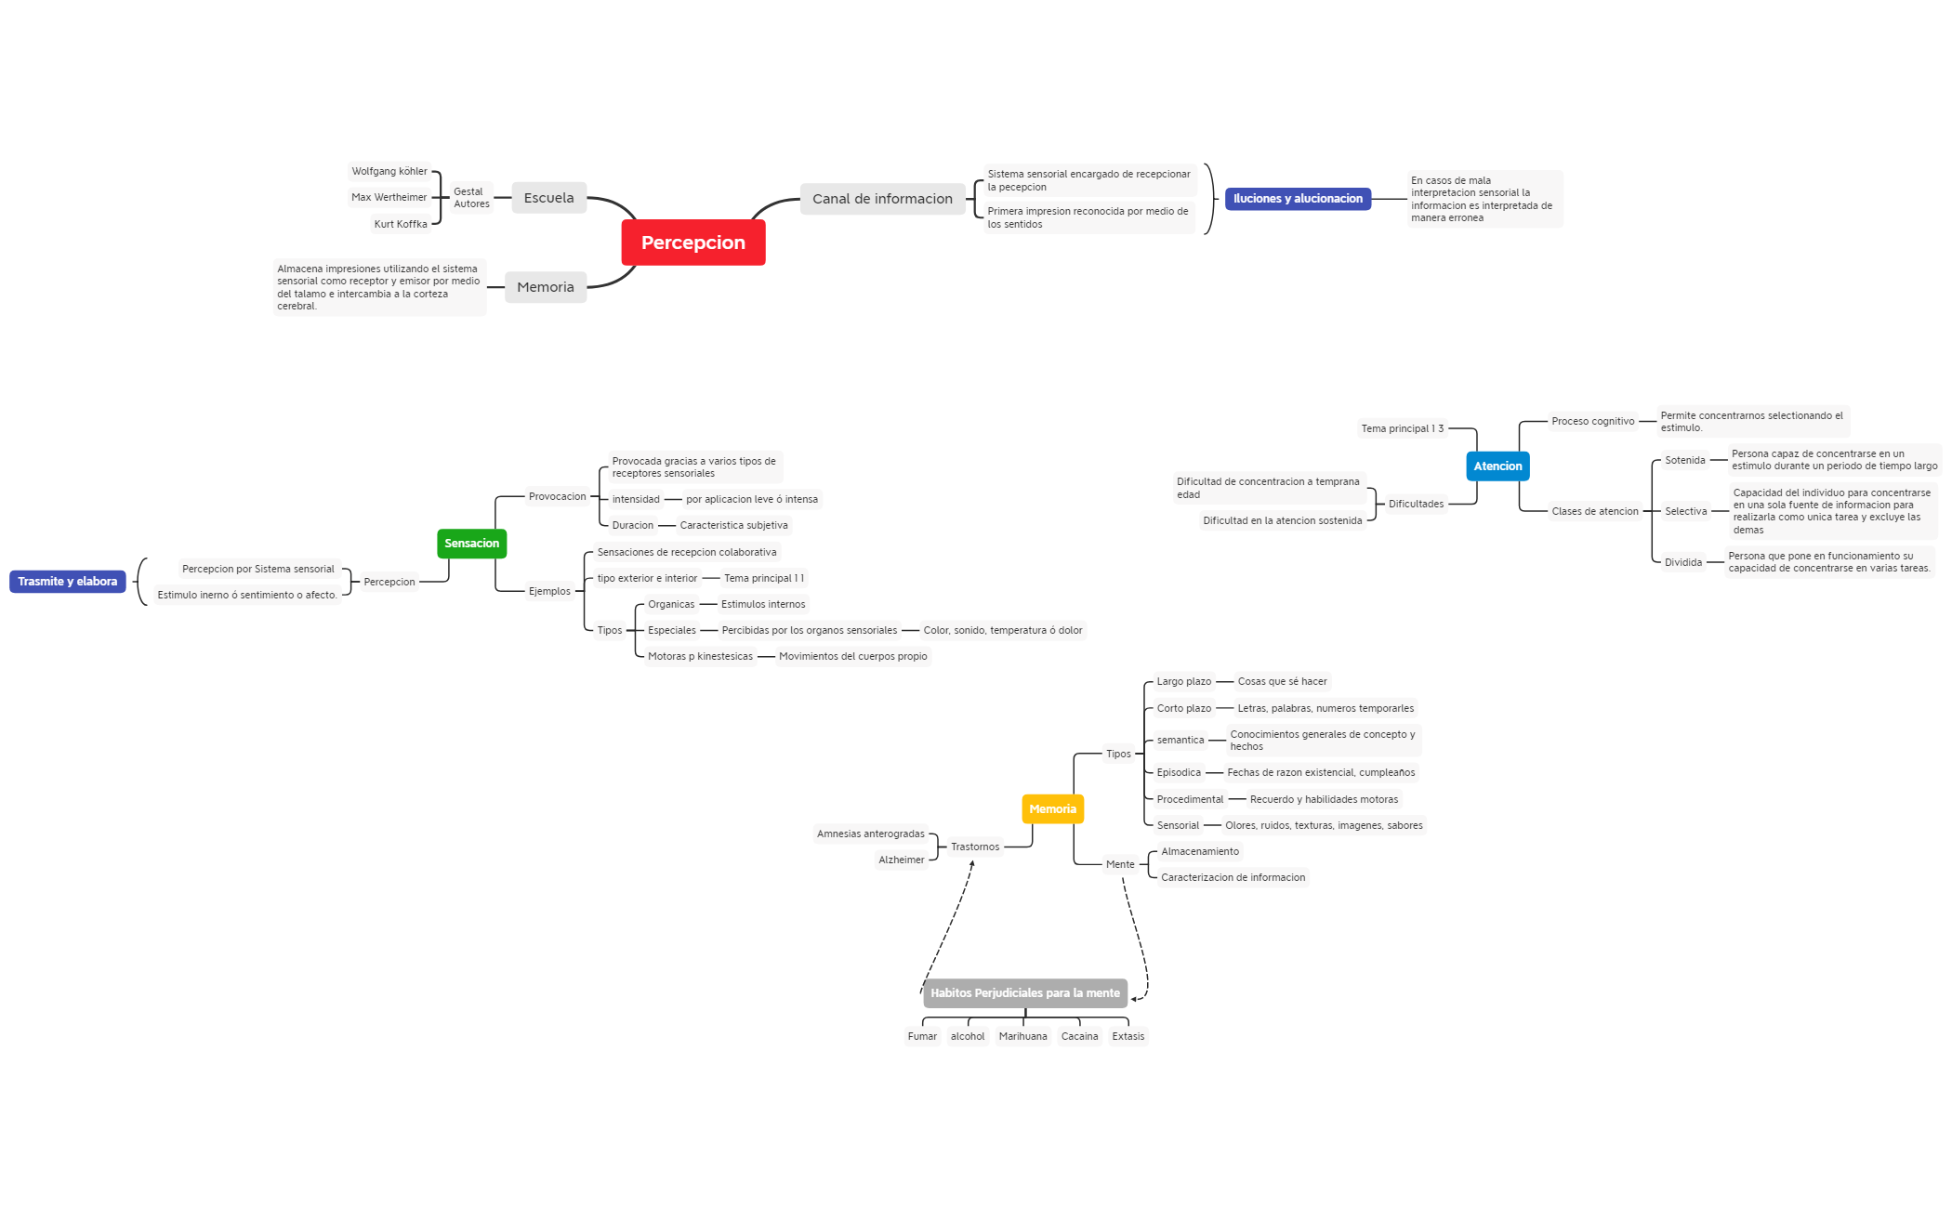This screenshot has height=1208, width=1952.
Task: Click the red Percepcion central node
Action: tap(692, 243)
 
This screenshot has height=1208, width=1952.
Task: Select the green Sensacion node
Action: tap(471, 544)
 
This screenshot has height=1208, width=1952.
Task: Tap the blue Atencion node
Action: tap(1497, 466)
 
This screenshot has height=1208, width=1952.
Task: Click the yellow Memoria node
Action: tap(1052, 809)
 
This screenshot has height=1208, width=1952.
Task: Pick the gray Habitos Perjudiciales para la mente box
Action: tap(1024, 993)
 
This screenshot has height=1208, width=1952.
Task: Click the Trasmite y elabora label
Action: tap(67, 582)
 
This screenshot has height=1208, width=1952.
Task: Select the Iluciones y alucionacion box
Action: tap(1298, 199)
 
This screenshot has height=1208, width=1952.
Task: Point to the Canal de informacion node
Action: tap(882, 199)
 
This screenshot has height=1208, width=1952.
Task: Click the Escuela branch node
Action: tap(548, 198)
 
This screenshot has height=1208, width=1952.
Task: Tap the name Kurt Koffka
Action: tap(401, 224)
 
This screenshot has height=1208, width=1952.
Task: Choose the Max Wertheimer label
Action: tap(389, 197)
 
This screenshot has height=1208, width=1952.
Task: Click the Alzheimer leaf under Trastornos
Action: tap(901, 860)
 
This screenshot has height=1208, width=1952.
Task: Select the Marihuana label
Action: tap(1022, 1037)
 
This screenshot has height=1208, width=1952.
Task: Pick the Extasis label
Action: tap(1128, 1037)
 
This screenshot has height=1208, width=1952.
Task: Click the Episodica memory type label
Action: tap(1179, 773)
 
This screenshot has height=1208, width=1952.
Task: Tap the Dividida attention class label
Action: tap(1682, 563)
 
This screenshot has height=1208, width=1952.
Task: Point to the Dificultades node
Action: tap(1416, 505)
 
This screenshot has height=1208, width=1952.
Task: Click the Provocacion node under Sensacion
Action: tap(557, 497)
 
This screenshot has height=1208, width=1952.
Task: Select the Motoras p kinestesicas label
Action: tap(700, 657)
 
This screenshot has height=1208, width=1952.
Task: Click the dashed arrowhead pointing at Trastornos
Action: tap(972, 864)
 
